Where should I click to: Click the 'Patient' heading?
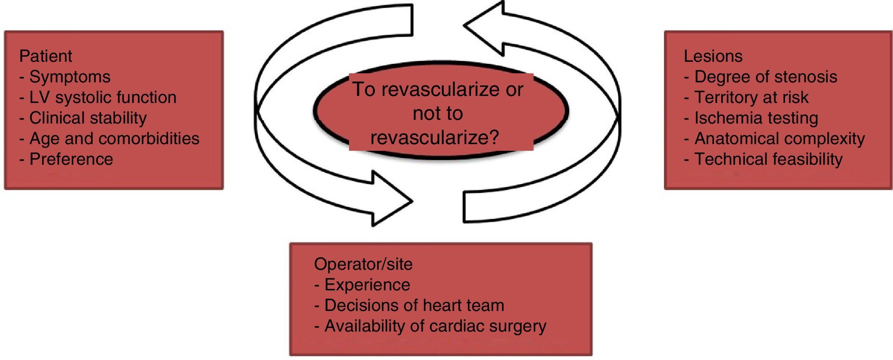point(46,56)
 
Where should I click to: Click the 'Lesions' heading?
point(713,56)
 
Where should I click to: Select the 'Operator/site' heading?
point(363,264)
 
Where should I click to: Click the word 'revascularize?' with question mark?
point(435,137)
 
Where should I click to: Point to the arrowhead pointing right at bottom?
point(389,199)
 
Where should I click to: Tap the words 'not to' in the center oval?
point(438,113)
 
